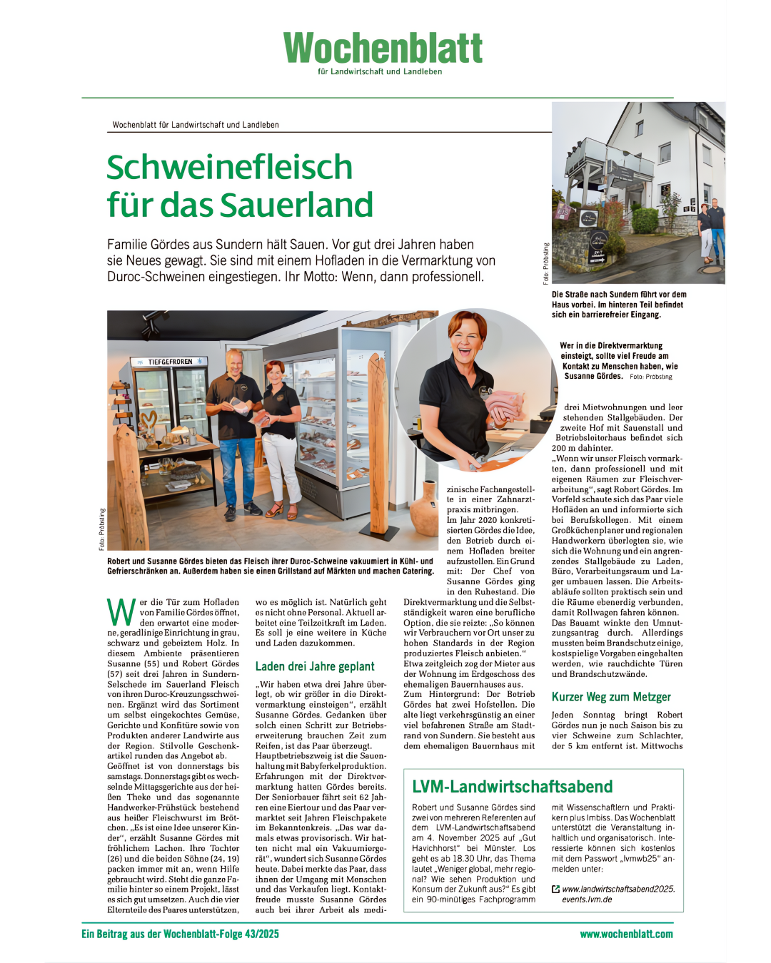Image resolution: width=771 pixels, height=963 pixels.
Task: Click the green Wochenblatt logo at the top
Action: [x=383, y=48]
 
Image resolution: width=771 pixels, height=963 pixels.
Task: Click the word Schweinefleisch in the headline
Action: [x=230, y=168]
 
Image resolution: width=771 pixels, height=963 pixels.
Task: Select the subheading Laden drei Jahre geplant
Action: [x=315, y=666]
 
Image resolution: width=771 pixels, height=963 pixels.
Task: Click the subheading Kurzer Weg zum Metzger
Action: [x=611, y=697]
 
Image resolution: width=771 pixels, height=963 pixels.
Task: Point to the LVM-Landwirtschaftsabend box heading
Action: [x=513, y=786]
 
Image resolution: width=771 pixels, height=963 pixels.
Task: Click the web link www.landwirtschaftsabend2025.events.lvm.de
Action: [x=618, y=894]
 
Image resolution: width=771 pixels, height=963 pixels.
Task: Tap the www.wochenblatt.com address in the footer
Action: [x=626, y=934]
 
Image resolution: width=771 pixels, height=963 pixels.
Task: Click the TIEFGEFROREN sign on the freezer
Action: [x=170, y=362]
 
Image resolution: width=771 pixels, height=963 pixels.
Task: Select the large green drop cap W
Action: [x=121, y=613]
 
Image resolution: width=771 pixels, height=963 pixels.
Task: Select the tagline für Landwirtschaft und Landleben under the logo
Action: [x=380, y=71]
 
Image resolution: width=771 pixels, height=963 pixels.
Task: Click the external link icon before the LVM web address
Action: [x=556, y=889]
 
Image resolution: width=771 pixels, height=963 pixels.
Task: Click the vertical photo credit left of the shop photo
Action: [x=102, y=529]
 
